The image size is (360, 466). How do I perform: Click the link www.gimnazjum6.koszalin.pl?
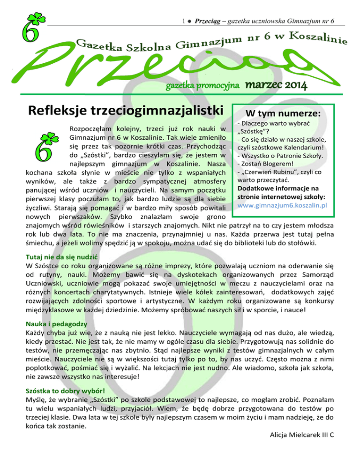289,205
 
